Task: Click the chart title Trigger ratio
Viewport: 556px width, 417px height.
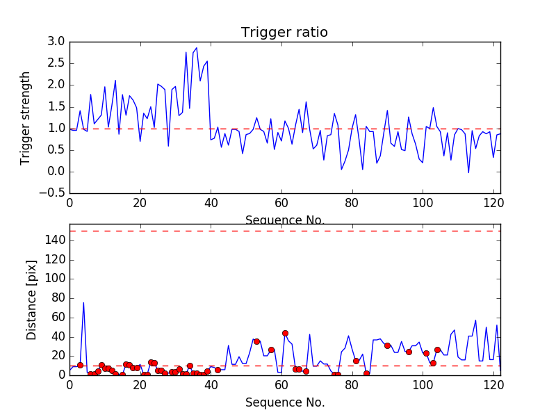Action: [284, 33]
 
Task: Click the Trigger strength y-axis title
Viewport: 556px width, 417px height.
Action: [26, 117]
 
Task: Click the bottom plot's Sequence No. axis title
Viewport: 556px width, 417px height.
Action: [284, 402]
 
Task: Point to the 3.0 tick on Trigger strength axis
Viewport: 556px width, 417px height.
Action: [58, 42]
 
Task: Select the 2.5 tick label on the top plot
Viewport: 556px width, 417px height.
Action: [58, 63]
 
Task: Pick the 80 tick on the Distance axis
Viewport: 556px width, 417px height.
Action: [57, 298]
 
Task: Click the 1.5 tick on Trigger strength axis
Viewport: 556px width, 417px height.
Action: [58, 106]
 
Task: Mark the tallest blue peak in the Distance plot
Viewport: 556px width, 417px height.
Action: [83, 302]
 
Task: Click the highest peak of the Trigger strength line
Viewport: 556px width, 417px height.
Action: [197, 48]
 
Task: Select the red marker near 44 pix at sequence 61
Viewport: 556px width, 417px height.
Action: [285, 333]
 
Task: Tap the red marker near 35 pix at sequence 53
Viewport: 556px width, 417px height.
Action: [256, 341]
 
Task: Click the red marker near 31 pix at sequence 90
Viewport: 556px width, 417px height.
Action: [387, 345]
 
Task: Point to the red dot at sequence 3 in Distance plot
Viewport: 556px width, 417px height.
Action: [80, 365]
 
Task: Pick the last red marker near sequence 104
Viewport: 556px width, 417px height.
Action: [437, 350]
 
